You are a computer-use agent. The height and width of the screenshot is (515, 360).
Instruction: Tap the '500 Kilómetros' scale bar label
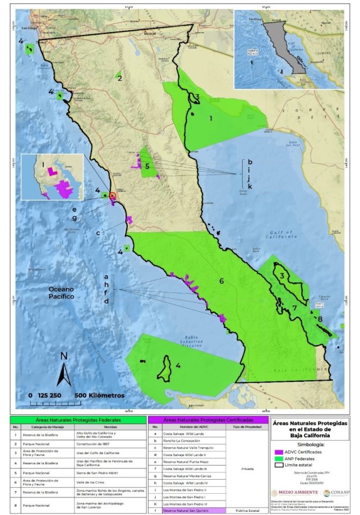click(x=100, y=396)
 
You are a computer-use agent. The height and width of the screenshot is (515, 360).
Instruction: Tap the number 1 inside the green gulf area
click(x=210, y=119)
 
